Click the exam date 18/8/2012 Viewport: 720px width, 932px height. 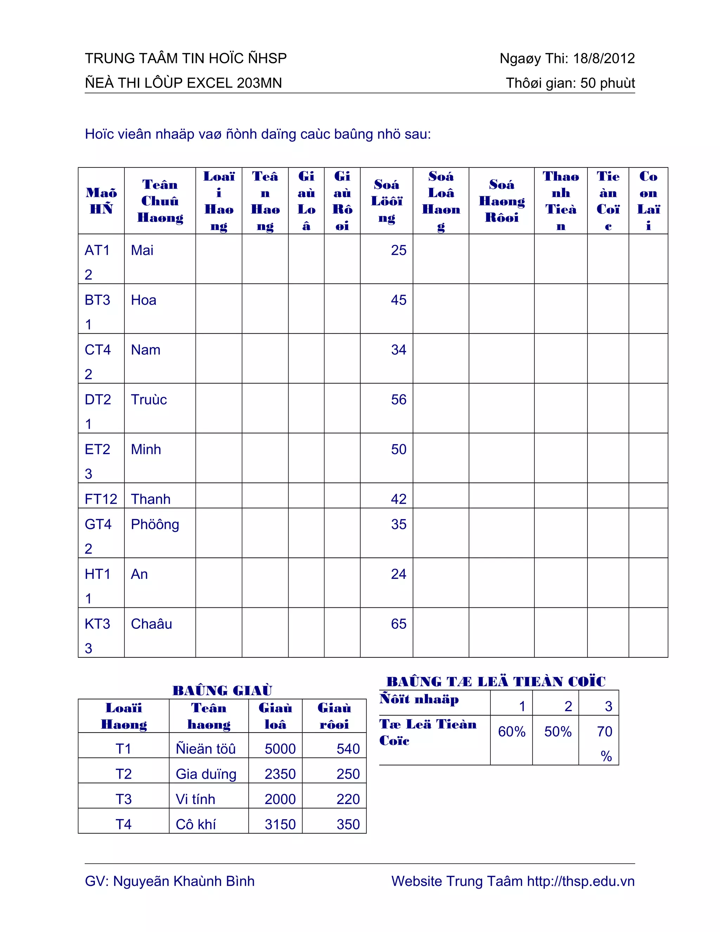click(x=604, y=58)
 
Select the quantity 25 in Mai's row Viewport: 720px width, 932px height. click(x=398, y=250)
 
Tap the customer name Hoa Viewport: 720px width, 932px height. click(x=143, y=300)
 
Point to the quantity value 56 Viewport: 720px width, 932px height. click(x=398, y=400)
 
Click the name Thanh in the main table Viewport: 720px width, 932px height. click(x=150, y=499)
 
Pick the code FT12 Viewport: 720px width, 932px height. click(x=101, y=499)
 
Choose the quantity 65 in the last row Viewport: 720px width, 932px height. click(x=398, y=624)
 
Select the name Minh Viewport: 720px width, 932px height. click(x=146, y=450)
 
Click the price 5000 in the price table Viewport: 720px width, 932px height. click(x=280, y=749)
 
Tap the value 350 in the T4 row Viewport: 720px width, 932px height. click(x=348, y=824)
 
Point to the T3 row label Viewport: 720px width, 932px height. click(x=123, y=799)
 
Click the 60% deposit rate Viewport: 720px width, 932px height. click(x=512, y=732)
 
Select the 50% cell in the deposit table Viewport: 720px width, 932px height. click(x=558, y=732)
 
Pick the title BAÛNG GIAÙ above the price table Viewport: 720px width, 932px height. click(x=222, y=690)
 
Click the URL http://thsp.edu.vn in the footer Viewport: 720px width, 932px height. click(x=580, y=881)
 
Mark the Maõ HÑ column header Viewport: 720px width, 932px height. click(x=101, y=201)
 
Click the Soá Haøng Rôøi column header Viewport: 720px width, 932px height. click(x=502, y=201)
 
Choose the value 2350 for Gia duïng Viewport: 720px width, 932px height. click(x=280, y=774)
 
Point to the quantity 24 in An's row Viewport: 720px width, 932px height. click(x=398, y=574)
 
